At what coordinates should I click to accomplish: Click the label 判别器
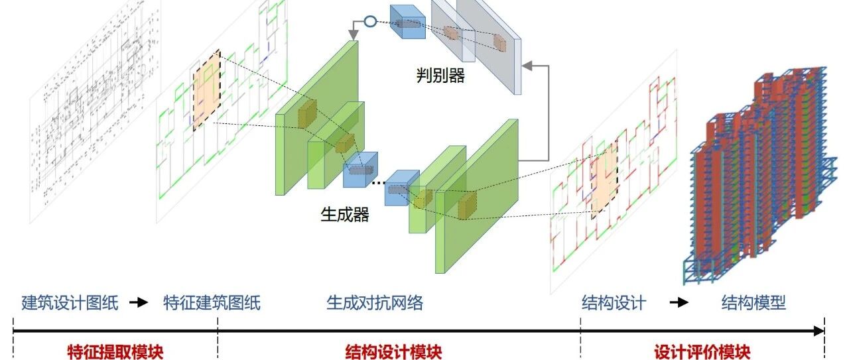[440, 75]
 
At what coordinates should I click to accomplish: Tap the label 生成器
[345, 215]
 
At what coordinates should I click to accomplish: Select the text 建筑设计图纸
[70, 302]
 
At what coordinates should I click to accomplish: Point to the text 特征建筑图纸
[212, 302]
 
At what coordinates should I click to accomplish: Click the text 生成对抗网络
[375, 302]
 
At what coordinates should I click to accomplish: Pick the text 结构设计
[614, 302]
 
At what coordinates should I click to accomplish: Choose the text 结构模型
[753, 302]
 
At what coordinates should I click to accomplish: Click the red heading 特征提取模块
[115, 351]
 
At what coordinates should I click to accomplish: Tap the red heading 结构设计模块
[393, 351]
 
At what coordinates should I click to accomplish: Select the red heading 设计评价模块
[702, 351]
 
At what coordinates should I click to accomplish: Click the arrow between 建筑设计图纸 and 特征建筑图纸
[139, 302]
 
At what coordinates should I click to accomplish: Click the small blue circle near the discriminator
[370, 21]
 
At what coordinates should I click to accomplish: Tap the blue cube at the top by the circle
[408, 22]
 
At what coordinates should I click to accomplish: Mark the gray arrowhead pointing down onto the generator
[354, 35]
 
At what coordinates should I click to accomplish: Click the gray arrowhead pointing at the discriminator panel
[527, 66]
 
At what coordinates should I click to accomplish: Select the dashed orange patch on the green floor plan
[207, 90]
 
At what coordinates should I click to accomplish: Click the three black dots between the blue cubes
[378, 183]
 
